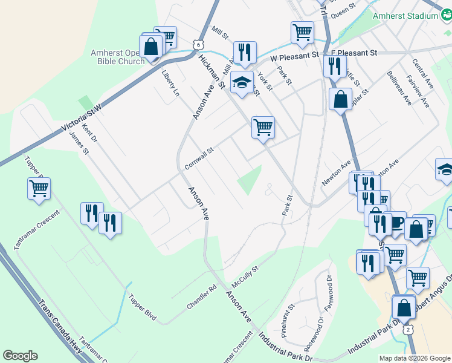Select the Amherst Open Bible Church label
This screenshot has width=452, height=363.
[x=118, y=57]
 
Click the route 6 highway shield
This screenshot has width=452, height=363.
[x=198, y=44]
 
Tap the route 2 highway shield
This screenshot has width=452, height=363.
[x=408, y=329]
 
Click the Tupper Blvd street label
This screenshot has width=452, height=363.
[x=142, y=307]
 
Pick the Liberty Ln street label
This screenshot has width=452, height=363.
[x=171, y=83]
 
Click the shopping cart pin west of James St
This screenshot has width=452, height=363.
[x=39, y=188]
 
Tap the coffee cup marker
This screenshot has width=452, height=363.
[x=396, y=222]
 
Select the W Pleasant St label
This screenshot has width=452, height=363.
[x=294, y=56]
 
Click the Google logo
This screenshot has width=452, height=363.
[x=19, y=356]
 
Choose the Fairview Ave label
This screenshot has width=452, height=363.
[x=418, y=91]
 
